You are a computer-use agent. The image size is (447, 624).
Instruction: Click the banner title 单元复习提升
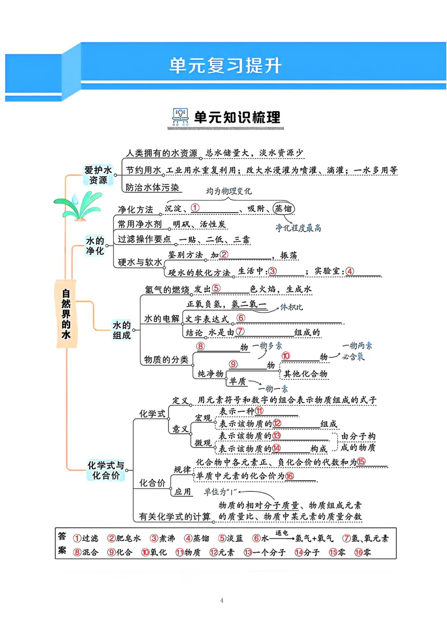(x=225, y=65)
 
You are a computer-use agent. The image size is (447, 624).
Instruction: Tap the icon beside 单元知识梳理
(x=180, y=117)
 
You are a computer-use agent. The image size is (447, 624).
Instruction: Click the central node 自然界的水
(x=66, y=314)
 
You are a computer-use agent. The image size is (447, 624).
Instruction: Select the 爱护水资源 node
(x=98, y=175)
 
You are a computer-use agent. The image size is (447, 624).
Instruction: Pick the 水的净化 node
(x=95, y=246)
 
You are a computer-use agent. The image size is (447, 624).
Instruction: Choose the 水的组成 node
(x=122, y=330)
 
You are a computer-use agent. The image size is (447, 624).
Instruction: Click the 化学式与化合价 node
(x=106, y=470)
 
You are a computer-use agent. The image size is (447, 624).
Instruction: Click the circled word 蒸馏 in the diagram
(x=284, y=209)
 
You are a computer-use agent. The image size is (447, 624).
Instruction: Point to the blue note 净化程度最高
(x=298, y=228)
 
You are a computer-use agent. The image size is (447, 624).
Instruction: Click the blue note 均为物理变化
(x=229, y=191)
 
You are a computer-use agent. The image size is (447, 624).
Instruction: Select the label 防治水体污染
(x=152, y=188)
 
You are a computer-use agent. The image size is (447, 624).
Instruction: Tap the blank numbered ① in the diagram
(x=195, y=208)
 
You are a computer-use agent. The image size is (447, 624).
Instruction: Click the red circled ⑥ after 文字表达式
(x=240, y=318)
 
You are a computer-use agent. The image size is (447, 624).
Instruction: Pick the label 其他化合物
(x=305, y=374)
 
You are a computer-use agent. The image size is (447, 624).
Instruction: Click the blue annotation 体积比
(x=291, y=307)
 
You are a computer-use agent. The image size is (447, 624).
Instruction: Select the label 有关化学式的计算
(x=175, y=516)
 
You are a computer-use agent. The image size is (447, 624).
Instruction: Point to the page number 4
(x=222, y=600)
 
